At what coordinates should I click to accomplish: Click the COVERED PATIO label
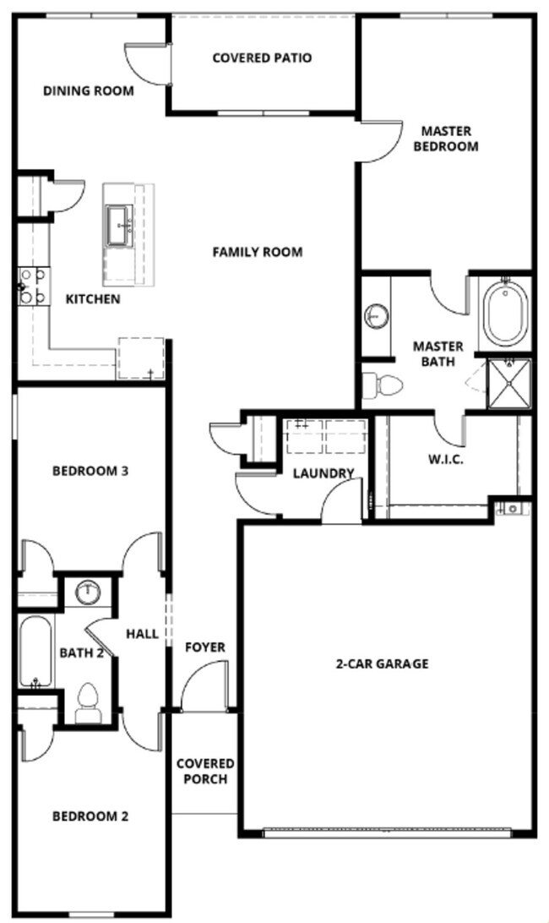[262, 58]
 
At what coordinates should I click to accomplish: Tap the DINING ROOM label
[88, 90]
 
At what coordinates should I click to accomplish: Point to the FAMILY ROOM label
[257, 252]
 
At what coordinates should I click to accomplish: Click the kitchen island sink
[122, 224]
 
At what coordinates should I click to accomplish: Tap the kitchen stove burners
[32, 286]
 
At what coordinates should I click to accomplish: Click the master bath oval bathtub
[505, 312]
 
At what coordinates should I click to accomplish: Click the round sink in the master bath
[377, 317]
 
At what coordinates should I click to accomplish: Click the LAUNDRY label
[323, 473]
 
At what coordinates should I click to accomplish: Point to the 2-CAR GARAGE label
[382, 664]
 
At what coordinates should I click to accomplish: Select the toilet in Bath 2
[88, 702]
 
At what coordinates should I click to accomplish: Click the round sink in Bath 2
[87, 593]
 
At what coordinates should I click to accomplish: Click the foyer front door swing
[207, 683]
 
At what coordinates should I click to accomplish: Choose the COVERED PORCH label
[204, 771]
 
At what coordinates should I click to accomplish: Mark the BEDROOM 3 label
[90, 471]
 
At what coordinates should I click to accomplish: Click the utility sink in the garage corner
[512, 508]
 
